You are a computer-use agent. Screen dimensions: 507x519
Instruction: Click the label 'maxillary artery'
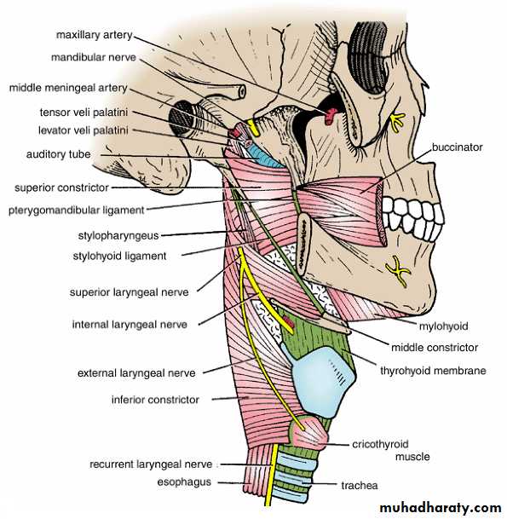(95, 35)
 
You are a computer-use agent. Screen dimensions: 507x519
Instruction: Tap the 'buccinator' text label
(457, 147)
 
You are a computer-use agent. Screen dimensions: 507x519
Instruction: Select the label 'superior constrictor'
(61, 187)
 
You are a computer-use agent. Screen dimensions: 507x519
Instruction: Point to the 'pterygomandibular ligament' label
(77, 210)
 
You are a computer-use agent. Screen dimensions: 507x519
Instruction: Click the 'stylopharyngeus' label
(118, 236)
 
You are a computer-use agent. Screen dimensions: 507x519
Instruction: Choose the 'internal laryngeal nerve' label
(130, 325)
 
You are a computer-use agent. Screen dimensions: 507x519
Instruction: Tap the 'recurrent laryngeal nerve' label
(151, 464)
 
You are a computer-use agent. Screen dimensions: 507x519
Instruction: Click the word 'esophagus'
(184, 482)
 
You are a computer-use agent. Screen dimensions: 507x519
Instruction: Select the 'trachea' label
(360, 486)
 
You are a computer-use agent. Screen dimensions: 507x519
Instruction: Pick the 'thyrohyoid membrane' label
(433, 371)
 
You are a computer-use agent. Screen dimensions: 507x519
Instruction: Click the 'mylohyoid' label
(443, 326)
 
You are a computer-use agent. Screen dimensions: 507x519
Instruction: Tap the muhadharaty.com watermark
(441, 507)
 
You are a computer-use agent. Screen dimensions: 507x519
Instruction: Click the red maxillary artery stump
(331, 116)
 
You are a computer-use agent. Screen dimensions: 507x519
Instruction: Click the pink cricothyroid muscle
(308, 433)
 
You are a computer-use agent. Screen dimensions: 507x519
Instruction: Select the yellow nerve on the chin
(398, 270)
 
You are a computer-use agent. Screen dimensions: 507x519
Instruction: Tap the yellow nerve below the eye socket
(395, 122)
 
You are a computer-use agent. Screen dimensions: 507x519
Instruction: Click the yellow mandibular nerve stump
(253, 128)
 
